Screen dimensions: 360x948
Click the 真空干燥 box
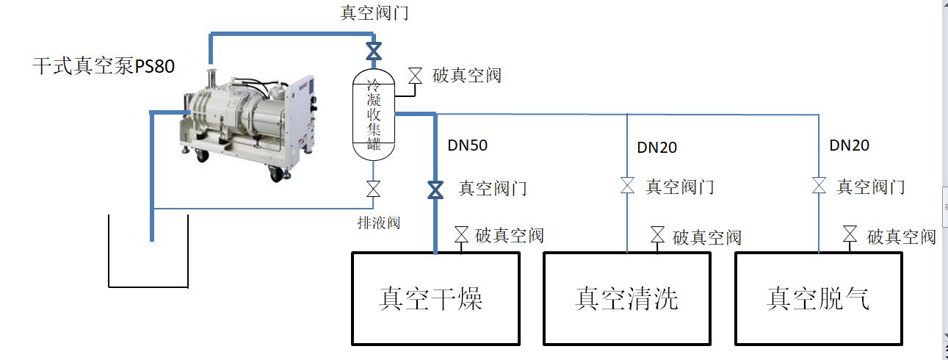[435, 298]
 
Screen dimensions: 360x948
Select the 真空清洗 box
[627, 298]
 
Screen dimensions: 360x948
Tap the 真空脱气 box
[819, 298]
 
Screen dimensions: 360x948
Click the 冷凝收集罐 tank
[374, 114]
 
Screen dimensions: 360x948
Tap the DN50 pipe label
[468, 145]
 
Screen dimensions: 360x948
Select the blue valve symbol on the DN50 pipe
[435, 190]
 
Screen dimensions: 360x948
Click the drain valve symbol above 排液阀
[374, 190]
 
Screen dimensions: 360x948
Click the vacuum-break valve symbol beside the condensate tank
[416, 75]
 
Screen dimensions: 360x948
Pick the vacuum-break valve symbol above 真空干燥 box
[461, 235]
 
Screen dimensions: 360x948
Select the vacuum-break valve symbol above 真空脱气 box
[850, 235]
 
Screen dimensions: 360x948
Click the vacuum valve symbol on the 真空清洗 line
[627, 186]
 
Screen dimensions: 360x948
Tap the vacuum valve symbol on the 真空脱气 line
[819, 186]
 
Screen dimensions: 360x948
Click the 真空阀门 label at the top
[375, 12]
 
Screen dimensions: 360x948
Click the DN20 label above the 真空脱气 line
[850, 145]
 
